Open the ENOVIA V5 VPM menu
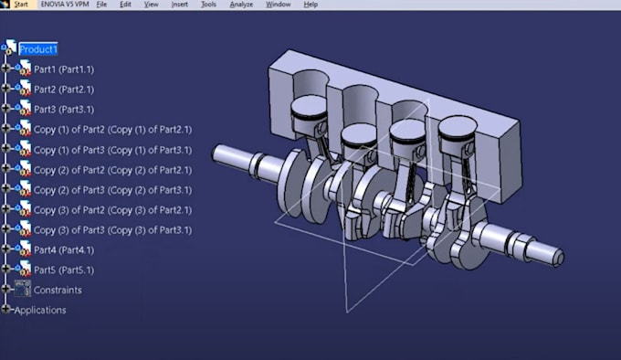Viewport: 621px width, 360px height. click(x=64, y=5)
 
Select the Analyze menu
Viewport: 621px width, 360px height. click(x=241, y=5)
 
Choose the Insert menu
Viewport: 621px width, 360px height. click(x=179, y=5)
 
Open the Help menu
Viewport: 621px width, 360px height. click(x=310, y=5)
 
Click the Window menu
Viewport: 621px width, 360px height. click(x=278, y=5)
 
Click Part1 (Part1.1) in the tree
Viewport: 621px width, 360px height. click(x=63, y=69)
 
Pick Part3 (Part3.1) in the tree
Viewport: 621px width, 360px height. click(x=63, y=110)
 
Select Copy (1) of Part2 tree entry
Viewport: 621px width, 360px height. click(x=111, y=130)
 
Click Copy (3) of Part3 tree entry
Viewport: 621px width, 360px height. click(x=111, y=230)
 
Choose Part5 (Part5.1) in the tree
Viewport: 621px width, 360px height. click(x=63, y=270)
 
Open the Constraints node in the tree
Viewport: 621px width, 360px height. click(x=57, y=291)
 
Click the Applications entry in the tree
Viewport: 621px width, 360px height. click(x=40, y=311)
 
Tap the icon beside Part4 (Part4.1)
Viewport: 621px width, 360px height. click(x=22, y=250)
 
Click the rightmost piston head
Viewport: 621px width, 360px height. click(x=458, y=129)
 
